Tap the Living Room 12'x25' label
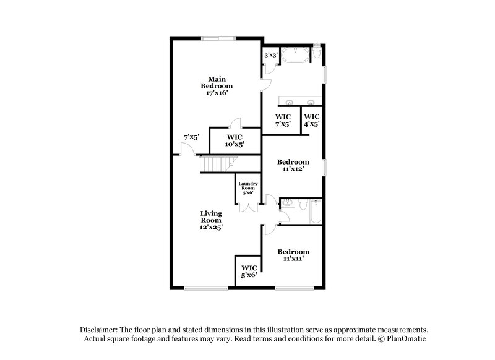click(x=211, y=220)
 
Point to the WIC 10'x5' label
click(x=235, y=140)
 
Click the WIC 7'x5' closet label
click(x=283, y=120)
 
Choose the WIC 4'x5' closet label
click(x=311, y=120)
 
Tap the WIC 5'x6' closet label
click(x=249, y=271)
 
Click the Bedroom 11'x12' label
click(x=293, y=166)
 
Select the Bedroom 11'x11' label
click(x=293, y=255)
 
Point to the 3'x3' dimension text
click(x=270, y=56)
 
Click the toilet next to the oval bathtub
click(x=316, y=53)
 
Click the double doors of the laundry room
click(x=249, y=206)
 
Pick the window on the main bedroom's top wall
click(x=218, y=38)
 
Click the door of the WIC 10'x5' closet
click(x=234, y=123)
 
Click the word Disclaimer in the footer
click(x=100, y=330)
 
